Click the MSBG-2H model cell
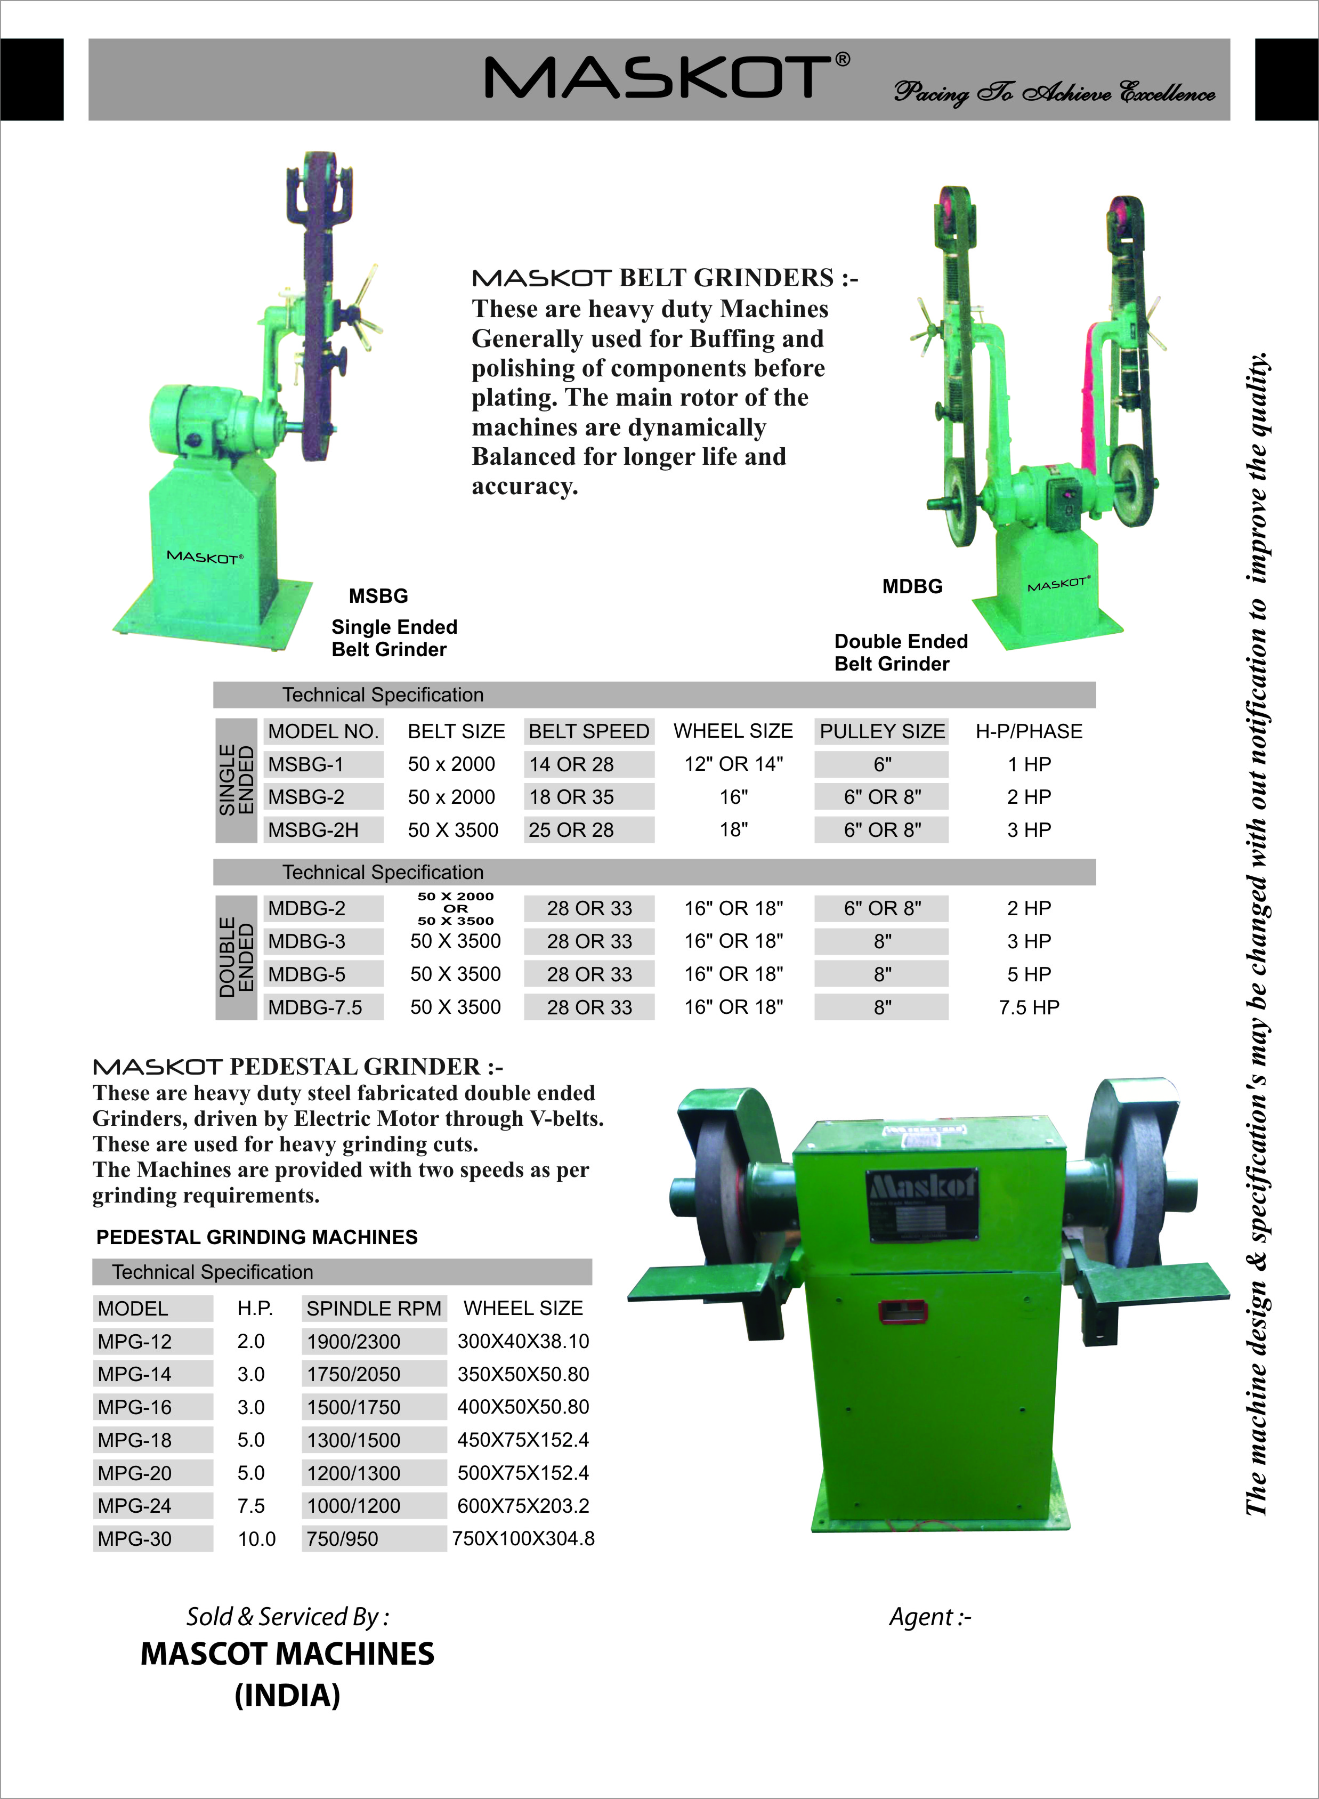point(314,830)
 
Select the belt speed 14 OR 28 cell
point(572,764)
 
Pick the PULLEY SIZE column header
point(882,731)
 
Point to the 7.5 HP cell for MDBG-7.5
point(1029,1007)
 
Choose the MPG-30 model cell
point(135,1539)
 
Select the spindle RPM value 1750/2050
point(354,1374)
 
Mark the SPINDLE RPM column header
point(374,1309)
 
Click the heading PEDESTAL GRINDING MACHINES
point(257,1237)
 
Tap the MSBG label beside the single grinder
point(378,596)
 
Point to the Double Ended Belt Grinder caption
point(901,652)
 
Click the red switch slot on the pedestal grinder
point(902,1310)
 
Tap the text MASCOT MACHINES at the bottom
point(287,1653)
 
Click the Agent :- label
point(930,1617)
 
